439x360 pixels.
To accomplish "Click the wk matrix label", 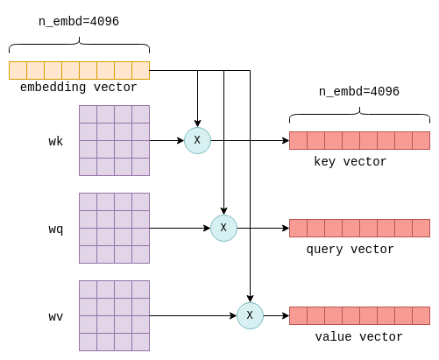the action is pos(56,142).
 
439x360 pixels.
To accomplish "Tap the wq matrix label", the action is pos(56,229).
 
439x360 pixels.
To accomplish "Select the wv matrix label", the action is pos(56,317).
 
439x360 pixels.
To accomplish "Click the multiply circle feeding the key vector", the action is pos(197,140).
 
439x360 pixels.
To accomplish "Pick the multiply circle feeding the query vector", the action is pos(223,228).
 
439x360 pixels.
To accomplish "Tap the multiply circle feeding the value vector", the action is pos(250,315).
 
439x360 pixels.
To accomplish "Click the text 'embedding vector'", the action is pos(78,88).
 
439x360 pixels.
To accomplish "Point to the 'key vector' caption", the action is pos(350,162).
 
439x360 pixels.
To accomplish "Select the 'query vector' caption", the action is pos(350,250).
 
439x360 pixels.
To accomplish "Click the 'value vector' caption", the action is pos(358,337).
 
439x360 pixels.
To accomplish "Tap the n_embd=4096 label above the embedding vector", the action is pos(79,22).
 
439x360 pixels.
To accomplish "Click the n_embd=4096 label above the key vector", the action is pos(359,92).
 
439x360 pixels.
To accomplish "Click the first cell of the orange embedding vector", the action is pos(18,70).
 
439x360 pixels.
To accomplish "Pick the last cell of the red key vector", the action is pos(421,140).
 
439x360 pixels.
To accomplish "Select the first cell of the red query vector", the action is pos(298,228).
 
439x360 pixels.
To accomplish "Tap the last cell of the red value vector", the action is pos(421,315).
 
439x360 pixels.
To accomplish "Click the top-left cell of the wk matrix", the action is pos(88,114).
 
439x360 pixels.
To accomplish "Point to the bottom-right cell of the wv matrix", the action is pos(141,342).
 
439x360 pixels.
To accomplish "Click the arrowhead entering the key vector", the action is pos(286,140).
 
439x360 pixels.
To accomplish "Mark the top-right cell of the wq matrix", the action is pos(141,201).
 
